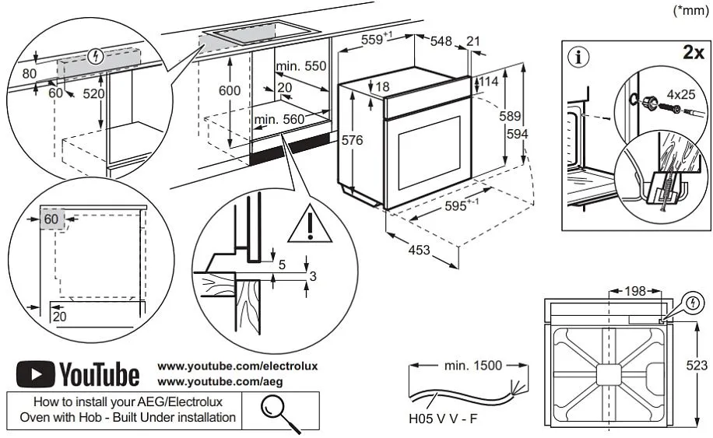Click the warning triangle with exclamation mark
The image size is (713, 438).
pyautogui.click(x=310, y=224)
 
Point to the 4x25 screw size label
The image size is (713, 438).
pyautogui.click(x=680, y=94)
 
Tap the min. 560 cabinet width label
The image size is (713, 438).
pyautogui.click(x=278, y=119)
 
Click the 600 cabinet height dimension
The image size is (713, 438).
pyautogui.click(x=229, y=90)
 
